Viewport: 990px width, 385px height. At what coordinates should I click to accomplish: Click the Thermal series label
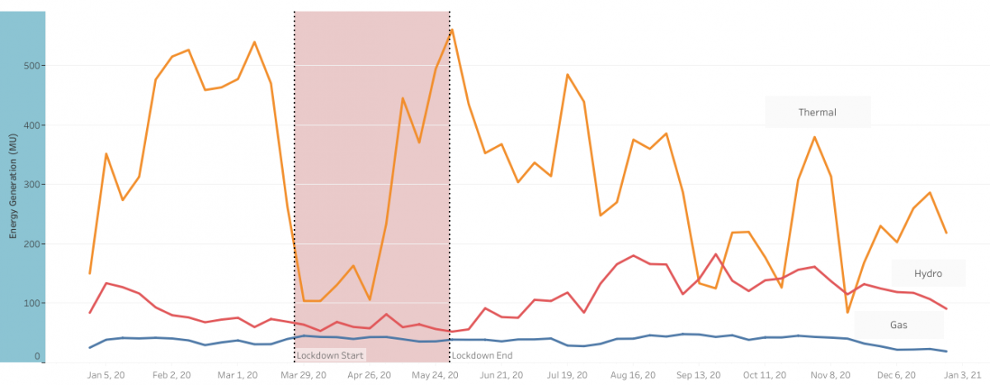[817, 112]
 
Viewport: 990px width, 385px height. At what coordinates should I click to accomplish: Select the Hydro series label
[927, 274]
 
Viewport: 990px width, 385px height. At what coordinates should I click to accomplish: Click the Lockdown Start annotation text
[329, 355]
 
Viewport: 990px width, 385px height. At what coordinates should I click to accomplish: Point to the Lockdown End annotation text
[483, 355]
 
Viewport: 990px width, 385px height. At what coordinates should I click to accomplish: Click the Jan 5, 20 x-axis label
[106, 374]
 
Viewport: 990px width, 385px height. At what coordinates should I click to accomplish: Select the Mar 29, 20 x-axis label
[304, 374]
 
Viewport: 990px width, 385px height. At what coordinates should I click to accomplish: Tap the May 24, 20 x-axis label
[436, 374]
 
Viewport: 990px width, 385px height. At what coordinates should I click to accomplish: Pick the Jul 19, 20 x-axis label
[568, 374]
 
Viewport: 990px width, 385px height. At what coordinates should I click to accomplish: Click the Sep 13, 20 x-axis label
[700, 374]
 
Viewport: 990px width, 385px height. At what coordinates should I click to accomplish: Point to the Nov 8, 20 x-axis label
[831, 374]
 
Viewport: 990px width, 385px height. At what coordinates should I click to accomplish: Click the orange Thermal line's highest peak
[452, 30]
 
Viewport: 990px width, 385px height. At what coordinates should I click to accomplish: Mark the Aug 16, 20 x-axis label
[634, 374]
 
